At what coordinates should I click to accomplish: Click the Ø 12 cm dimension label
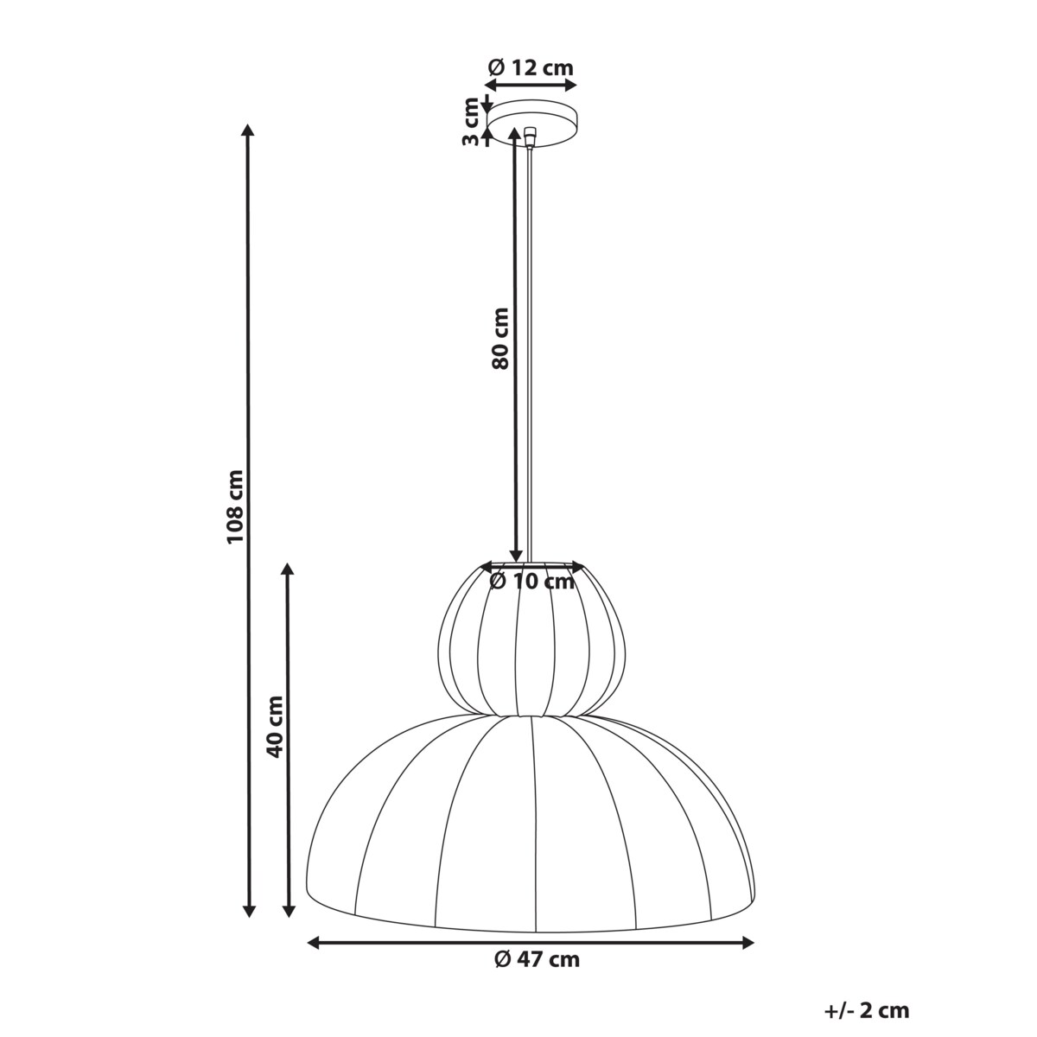(x=531, y=67)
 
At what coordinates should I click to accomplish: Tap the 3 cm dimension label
(x=471, y=122)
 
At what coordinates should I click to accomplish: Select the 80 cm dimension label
(x=499, y=338)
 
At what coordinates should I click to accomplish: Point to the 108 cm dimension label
(x=236, y=506)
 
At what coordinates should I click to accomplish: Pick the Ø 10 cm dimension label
(x=531, y=582)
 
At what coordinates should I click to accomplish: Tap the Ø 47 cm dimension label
(x=537, y=959)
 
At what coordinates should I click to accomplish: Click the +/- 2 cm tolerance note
(x=868, y=1010)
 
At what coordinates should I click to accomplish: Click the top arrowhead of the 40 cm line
(x=289, y=569)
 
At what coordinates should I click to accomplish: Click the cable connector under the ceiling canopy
(x=530, y=137)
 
